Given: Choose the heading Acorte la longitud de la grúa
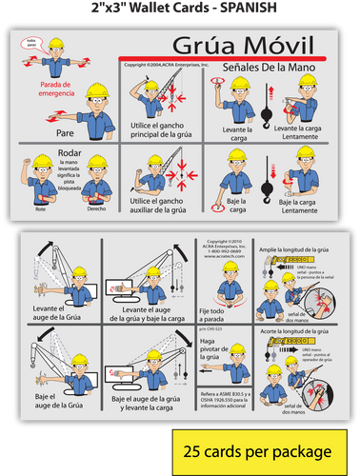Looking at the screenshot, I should click(301, 330).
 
